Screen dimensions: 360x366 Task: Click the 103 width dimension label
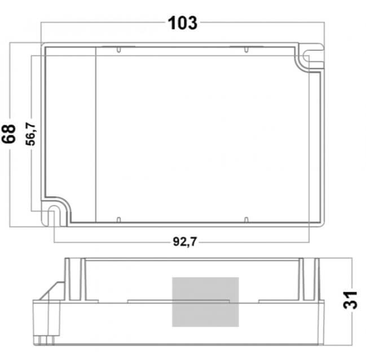(x=183, y=23)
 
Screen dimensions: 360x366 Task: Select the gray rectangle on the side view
(x=205, y=301)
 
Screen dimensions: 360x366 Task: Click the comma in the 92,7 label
(x=184, y=246)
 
